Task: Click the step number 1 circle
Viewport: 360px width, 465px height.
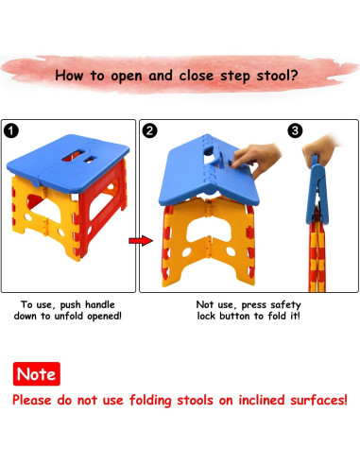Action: [x=11, y=130]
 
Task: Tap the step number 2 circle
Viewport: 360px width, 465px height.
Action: [x=149, y=130]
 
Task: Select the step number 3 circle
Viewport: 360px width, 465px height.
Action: [x=295, y=130]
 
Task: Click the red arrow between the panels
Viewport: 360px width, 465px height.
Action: [x=141, y=241]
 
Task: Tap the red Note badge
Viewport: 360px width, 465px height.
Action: [x=37, y=374]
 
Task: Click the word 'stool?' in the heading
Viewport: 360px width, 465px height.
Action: [x=277, y=76]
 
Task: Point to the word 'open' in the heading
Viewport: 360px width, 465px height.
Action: [x=127, y=77]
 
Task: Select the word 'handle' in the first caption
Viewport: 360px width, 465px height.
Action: [x=100, y=304]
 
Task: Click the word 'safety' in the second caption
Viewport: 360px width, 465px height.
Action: [x=285, y=305]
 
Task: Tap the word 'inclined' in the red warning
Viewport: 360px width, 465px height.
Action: [x=262, y=400]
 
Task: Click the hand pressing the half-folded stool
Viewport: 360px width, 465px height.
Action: [x=257, y=159]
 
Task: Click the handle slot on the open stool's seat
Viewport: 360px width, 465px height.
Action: [x=73, y=155]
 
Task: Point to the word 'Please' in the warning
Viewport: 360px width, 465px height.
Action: [x=32, y=401]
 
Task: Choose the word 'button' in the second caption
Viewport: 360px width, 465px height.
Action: [x=235, y=316]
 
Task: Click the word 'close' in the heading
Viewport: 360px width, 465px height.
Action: [x=197, y=76]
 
